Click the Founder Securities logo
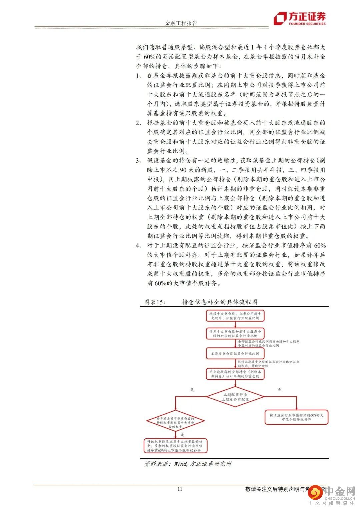[x=299, y=19]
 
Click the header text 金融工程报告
[x=181, y=23]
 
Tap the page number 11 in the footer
[x=180, y=489]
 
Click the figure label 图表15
[x=155, y=302]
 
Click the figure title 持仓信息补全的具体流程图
[x=220, y=302]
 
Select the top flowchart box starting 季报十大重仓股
[x=235, y=316]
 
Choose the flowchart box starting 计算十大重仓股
[x=235, y=334]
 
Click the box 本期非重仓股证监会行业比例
[x=235, y=353]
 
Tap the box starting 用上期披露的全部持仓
[x=235, y=374]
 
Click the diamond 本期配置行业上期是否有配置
[x=235, y=397]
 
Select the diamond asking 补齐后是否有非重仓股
[x=175, y=422]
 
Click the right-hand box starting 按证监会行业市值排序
[x=296, y=417]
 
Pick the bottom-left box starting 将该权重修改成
[x=175, y=446]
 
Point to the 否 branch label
[x=279, y=389]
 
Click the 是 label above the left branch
[x=192, y=389]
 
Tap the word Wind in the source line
[x=180, y=464]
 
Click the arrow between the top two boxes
[x=235, y=325]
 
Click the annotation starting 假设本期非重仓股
[x=268, y=364]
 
